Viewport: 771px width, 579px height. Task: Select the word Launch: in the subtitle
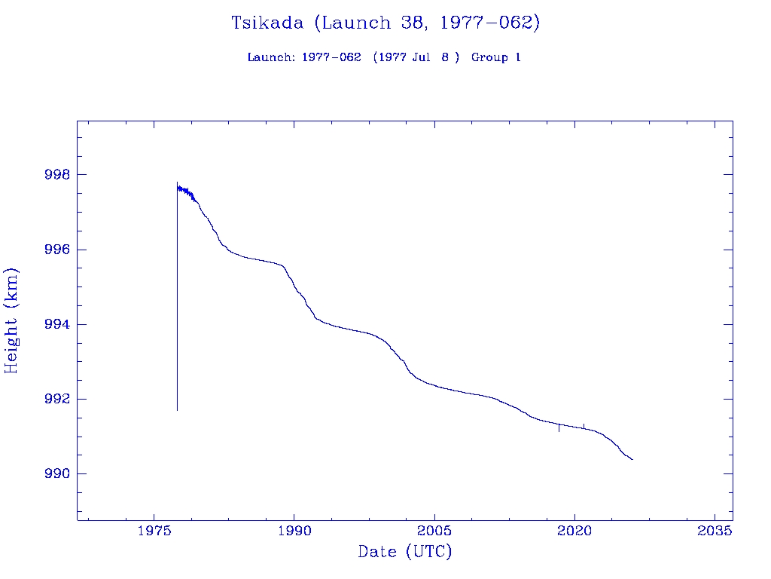pos(272,57)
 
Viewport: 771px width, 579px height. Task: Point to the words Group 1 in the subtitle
pos(496,57)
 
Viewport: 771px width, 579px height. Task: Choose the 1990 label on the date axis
pos(294,531)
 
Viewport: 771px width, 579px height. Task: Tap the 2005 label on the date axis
pos(434,531)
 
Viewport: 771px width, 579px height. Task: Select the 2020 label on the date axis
pos(574,531)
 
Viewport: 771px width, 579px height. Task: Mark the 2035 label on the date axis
pos(715,531)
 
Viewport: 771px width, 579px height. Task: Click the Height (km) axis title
pos(11,320)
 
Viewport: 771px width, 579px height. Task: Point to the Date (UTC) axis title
pos(405,552)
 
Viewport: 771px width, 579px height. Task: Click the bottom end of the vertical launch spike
pos(177,409)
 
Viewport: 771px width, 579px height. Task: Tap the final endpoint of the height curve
pos(632,459)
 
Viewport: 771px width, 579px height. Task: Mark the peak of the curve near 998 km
pos(177,182)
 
